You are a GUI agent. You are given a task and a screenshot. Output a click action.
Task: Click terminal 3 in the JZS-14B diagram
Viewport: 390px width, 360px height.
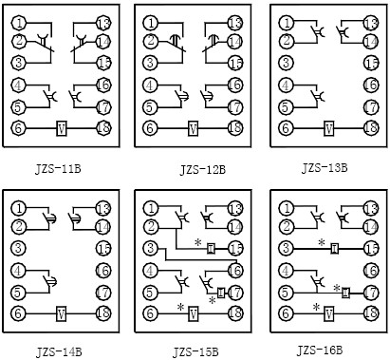tap(19, 248)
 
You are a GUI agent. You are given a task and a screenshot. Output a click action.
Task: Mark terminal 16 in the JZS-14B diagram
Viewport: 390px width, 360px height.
tap(103, 270)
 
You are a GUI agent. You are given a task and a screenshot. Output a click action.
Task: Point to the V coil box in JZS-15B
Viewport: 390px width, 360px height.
tap(194, 312)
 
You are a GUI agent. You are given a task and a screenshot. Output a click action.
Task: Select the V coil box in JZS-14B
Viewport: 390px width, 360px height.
tap(60, 312)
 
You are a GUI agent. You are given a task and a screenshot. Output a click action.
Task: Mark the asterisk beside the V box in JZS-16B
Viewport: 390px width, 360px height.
tap(316, 306)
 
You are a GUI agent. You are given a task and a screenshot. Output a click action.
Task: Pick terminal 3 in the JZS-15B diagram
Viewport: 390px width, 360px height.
tap(150, 248)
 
